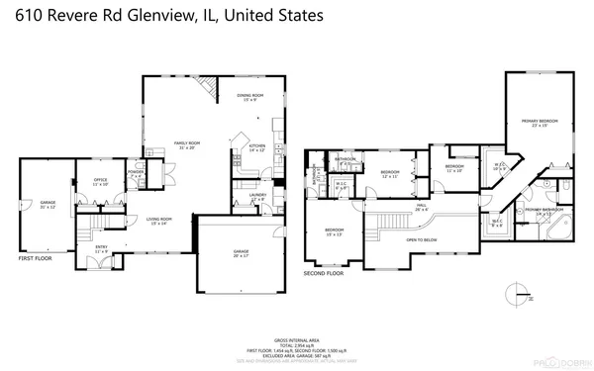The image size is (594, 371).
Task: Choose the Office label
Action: pyautogui.click(x=100, y=181)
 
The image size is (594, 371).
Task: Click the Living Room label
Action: pyautogui.click(x=159, y=221)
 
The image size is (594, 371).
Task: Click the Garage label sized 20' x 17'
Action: pyautogui.click(x=241, y=254)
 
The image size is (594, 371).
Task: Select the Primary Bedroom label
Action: pyautogui.click(x=541, y=123)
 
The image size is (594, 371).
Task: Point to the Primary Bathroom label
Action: pyautogui.click(x=544, y=211)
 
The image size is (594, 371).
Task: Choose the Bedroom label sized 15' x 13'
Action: pyautogui.click(x=335, y=232)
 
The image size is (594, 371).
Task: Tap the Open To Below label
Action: pyautogui.click(x=422, y=239)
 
